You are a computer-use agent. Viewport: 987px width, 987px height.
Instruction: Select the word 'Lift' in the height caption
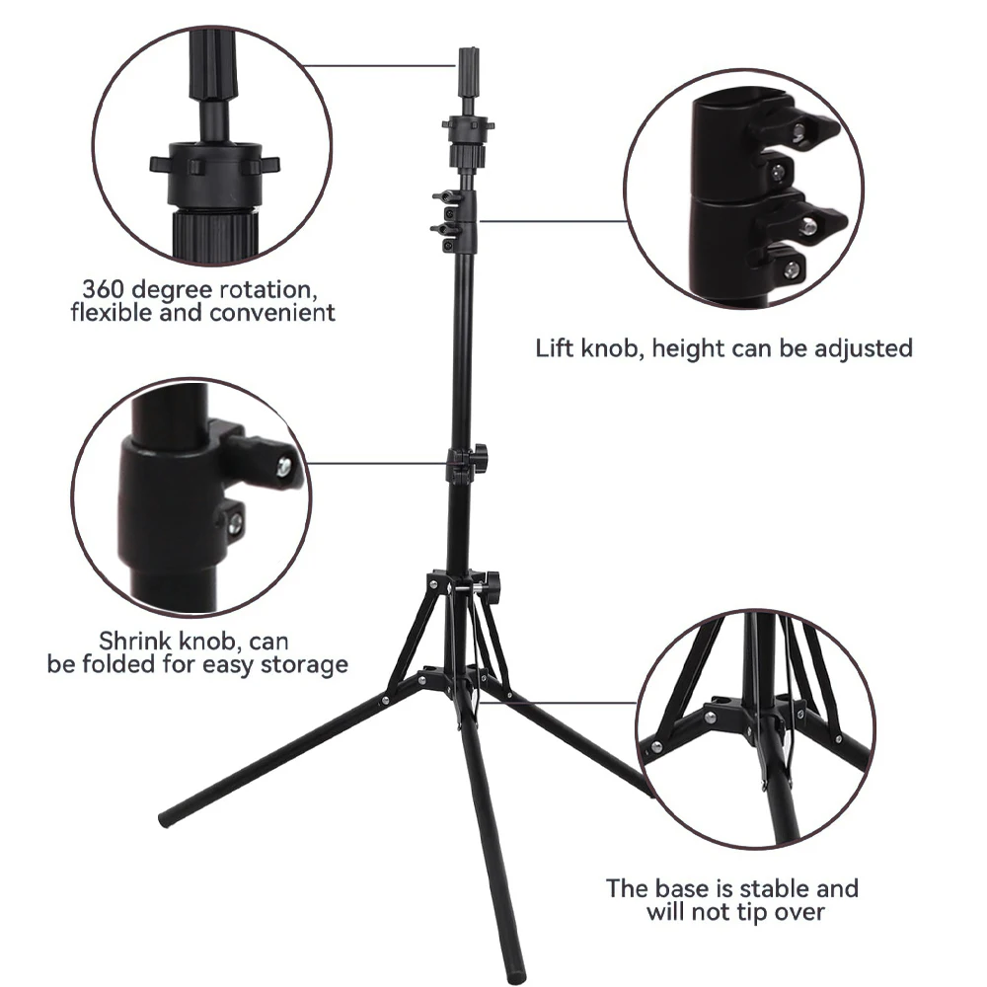[x=555, y=347]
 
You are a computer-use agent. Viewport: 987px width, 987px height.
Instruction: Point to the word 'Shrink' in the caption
[x=131, y=642]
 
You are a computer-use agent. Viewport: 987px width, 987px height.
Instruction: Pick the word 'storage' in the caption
[x=304, y=664]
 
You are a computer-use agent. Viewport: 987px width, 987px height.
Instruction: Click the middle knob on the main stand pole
[x=479, y=456]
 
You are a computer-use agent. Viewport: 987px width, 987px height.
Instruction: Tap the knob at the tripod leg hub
[x=491, y=581]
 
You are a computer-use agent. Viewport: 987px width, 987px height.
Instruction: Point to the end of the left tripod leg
[x=165, y=818]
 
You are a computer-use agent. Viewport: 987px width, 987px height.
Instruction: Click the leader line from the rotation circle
[x=380, y=67]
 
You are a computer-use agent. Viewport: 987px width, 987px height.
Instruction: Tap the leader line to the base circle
[x=582, y=704]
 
